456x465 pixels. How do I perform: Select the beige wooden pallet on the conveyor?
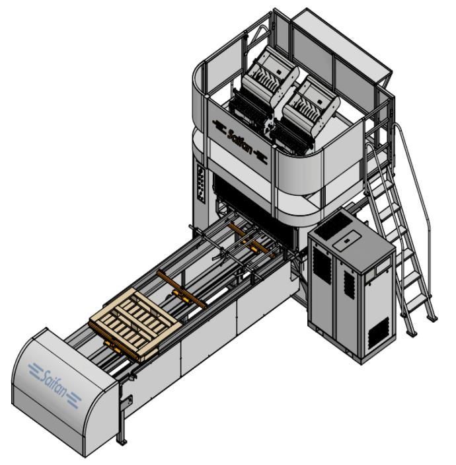click(135, 325)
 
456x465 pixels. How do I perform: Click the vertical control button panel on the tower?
click(202, 183)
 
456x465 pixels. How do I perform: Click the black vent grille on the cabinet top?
click(333, 224)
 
